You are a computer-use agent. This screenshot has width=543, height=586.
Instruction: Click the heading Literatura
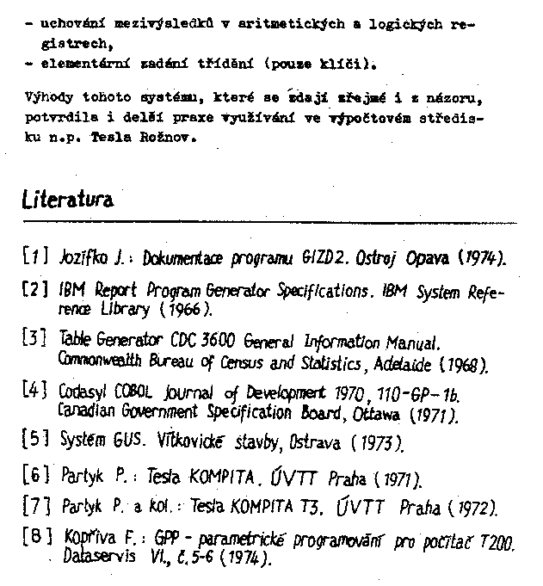pos(67,200)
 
